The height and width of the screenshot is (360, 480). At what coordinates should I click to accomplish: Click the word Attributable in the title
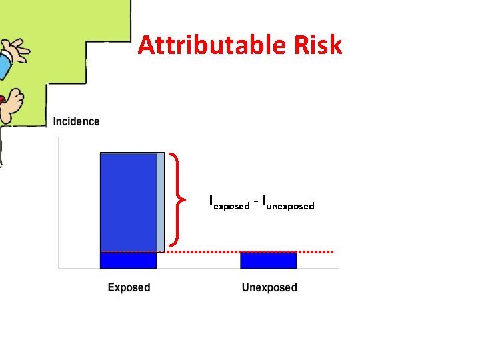pos(211,46)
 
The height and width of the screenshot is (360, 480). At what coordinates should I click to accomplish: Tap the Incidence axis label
pos(76,121)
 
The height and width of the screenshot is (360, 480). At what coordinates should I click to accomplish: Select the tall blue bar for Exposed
pos(128,200)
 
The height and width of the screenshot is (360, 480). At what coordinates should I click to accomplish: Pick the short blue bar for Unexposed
pos(268,261)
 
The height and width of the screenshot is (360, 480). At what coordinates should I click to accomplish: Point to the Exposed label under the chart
pos(129,287)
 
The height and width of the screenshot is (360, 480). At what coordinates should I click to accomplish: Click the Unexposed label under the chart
pos(269,287)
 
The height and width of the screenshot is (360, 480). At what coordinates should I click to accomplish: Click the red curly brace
pos(177,199)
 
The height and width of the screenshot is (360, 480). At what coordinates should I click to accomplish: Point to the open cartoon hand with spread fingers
pos(16,49)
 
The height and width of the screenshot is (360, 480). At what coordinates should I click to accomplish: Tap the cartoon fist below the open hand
pos(11,102)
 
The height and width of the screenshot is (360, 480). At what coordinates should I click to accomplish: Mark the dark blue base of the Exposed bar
pos(128,261)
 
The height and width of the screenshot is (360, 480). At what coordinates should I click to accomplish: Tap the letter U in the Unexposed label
pos(246,287)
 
